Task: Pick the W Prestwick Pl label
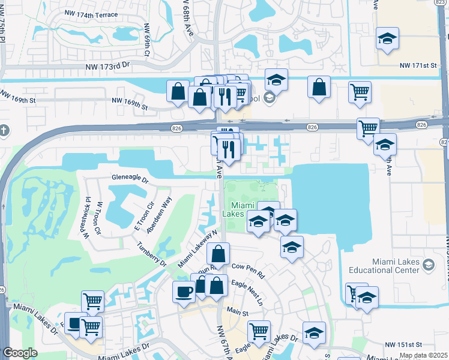[x=88, y=215]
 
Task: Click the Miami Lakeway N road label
[x=197, y=249]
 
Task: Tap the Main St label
[x=237, y=313]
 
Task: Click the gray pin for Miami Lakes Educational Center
[x=429, y=265]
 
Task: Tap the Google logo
[x=20, y=353]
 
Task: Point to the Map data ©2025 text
[x=423, y=355]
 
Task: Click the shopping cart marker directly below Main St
[x=259, y=331]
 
